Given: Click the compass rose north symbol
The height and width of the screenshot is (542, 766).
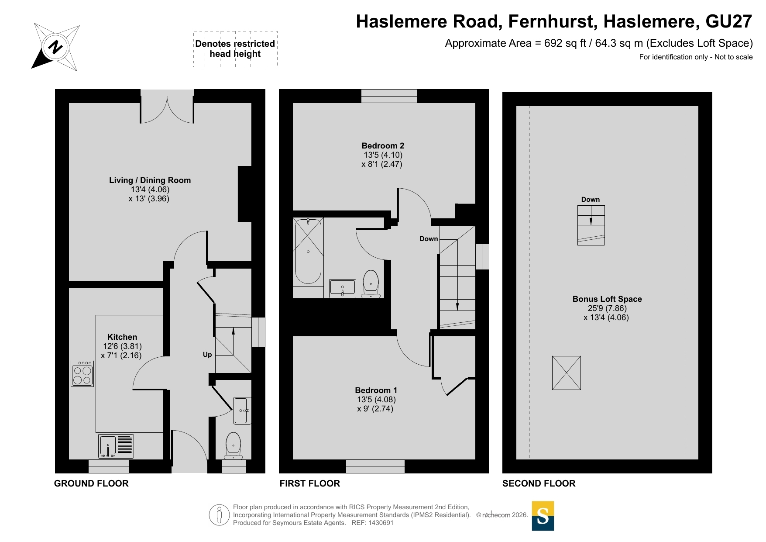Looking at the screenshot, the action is pyautogui.click(x=55, y=47).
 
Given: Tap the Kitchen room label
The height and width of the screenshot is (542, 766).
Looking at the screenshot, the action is pyautogui.click(x=122, y=337).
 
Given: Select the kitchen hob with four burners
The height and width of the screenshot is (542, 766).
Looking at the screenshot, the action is pyautogui.click(x=82, y=374).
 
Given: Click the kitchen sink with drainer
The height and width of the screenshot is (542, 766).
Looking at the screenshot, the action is pyautogui.click(x=116, y=446).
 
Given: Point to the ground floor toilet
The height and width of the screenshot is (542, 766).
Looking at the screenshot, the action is pyautogui.click(x=234, y=446).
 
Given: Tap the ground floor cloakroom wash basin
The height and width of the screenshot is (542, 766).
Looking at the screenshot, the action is pyautogui.click(x=243, y=411).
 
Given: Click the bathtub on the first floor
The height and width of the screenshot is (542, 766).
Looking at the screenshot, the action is pyautogui.click(x=308, y=252).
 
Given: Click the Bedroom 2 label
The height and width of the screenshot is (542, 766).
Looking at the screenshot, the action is pyautogui.click(x=383, y=146).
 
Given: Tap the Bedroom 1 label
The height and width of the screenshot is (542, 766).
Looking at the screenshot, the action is pyautogui.click(x=376, y=390).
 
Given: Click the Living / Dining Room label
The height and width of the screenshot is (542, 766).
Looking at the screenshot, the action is pyautogui.click(x=150, y=180).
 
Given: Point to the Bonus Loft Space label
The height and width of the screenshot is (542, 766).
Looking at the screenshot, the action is pyautogui.click(x=607, y=299).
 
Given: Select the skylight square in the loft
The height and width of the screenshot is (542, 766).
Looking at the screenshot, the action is pyautogui.click(x=567, y=373).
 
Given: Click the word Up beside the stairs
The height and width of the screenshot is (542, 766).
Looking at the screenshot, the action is pyautogui.click(x=207, y=355).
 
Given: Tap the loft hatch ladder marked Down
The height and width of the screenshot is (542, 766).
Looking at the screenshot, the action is pyautogui.click(x=591, y=225).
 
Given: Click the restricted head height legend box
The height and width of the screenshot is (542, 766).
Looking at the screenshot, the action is pyautogui.click(x=235, y=49).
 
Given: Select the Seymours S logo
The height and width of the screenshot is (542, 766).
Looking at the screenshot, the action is pyautogui.click(x=543, y=516).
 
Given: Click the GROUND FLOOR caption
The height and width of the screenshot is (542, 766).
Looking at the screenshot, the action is pyautogui.click(x=91, y=483).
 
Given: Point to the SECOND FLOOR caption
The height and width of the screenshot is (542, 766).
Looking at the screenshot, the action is pyautogui.click(x=539, y=483).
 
